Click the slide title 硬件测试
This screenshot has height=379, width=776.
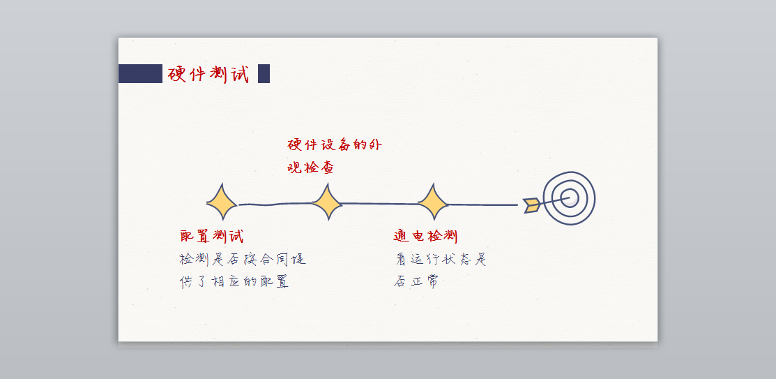208,73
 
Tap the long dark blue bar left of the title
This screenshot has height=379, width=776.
140,73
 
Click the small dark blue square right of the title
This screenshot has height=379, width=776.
264,73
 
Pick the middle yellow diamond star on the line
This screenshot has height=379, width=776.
326,203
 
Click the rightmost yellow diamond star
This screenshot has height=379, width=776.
432,203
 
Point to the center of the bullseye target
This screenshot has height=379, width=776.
570,198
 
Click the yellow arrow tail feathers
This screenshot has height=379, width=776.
532,205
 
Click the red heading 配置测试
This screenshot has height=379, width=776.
212,236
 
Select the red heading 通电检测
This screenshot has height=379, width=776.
425,236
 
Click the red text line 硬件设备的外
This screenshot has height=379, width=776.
335,144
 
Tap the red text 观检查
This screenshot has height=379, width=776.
311,168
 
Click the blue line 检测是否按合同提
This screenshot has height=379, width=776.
243,260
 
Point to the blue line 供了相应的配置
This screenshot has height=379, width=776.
234,282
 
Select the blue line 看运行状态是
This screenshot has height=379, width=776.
441,260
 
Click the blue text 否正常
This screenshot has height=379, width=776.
416,282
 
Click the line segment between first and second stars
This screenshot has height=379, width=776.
274,205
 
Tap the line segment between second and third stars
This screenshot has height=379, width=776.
380,204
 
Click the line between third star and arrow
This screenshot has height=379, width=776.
482,205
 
